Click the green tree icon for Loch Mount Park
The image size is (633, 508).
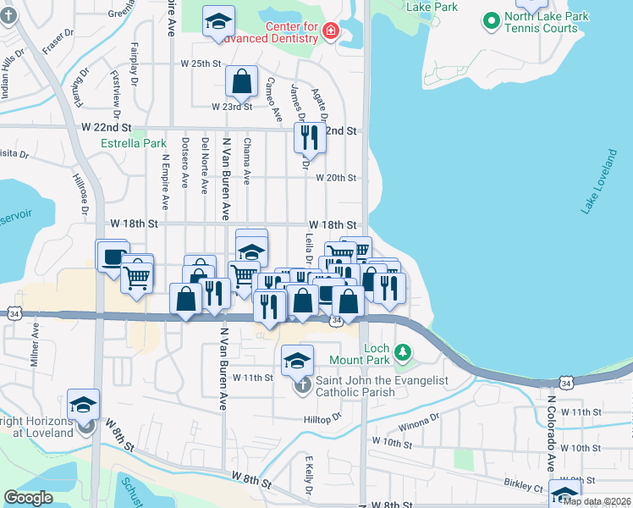click(x=405, y=351)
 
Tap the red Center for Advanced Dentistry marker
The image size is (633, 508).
click(x=330, y=32)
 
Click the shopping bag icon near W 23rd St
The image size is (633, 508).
click(x=241, y=81)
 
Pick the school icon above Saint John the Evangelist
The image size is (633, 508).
click(x=297, y=361)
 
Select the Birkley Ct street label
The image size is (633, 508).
click(x=525, y=488)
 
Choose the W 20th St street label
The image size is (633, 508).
click(x=337, y=178)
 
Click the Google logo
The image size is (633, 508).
click(x=27, y=498)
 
